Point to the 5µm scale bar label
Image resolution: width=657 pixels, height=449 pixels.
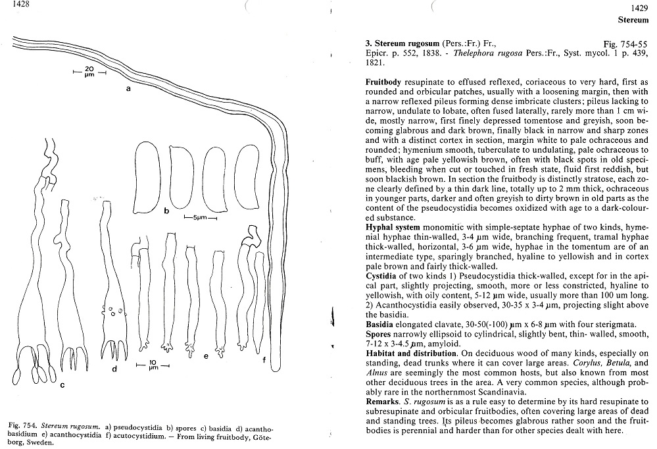pyautogui.click(x=200, y=217)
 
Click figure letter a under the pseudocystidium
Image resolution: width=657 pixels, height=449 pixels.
pyautogui.click(x=129, y=93)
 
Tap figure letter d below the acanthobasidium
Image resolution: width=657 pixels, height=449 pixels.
pyautogui.click(x=114, y=369)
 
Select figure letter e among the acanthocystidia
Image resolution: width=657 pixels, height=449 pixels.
pyautogui.click(x=206, y=356)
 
